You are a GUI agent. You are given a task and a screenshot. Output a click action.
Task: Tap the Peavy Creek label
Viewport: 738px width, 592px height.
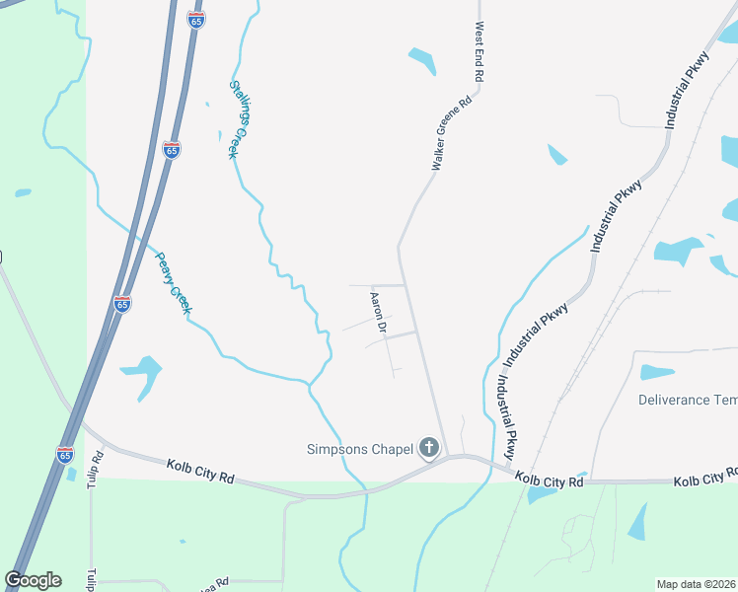click(x=173, y=283)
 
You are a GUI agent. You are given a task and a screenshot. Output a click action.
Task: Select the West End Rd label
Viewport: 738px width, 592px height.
click(x=480, y=52)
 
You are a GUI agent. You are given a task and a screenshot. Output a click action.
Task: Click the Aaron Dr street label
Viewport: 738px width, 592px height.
click(x=376, y=311)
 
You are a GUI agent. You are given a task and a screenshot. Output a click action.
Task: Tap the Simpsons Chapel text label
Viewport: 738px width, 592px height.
click(x=358, y=450)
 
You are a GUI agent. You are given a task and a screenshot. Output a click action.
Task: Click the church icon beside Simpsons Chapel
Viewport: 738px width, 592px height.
click(x=428, y=449)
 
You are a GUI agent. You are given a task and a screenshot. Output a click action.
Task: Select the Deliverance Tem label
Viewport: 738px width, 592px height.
click(x=687, y=400)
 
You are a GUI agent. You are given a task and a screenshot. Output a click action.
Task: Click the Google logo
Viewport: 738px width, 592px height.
click(x=33, y=580)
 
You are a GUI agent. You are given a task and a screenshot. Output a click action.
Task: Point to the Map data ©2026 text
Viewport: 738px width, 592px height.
click(x=696, y=584)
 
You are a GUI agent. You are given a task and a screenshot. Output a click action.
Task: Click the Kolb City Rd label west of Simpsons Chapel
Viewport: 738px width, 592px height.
click(x=200, y=471)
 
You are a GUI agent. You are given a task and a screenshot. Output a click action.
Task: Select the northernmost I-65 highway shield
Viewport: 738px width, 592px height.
click(x=196, y=19)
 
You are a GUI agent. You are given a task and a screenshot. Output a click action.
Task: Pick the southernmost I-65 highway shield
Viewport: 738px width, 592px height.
click(x=65, y=454)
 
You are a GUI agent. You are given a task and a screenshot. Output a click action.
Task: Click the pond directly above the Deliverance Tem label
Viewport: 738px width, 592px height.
click(x=657, y=372)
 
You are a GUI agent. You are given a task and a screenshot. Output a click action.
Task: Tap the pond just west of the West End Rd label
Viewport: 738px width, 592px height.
click(x=422, y=60)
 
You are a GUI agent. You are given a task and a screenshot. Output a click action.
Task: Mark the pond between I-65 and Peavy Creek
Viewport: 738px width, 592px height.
click(x=143, y=374)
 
